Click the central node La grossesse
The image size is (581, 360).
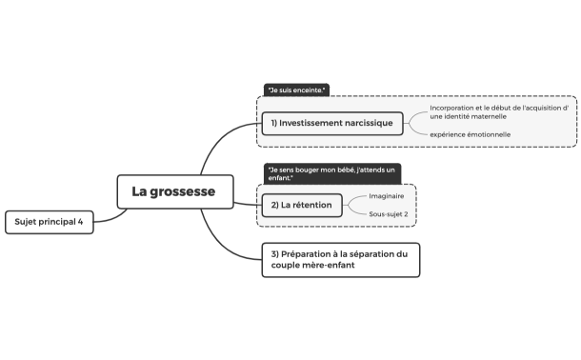[x=173, y=191]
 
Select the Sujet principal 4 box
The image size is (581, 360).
[x=50, y=222]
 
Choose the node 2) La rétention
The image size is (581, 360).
[x=300, y=205]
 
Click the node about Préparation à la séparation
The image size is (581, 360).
[x=340, y=259]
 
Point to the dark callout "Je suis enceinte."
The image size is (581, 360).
[x=296, y=90]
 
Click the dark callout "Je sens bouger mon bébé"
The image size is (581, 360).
[x=331, y=173]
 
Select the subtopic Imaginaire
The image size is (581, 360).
[x=386, y=195]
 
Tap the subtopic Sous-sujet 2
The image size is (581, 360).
[x=389, y=214]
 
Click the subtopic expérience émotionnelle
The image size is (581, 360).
[x=470, y=134]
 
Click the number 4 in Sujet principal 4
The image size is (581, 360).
[x=81, y=222]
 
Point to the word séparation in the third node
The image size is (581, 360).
[x=369, y=253]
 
